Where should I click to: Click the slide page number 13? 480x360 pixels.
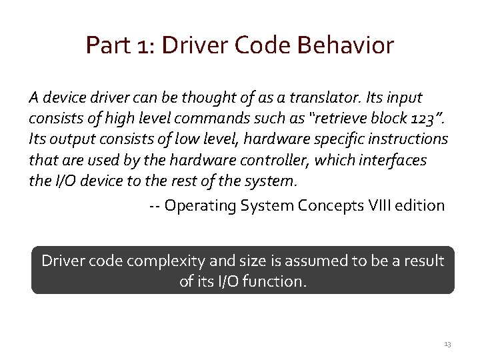click(x=447, y=344)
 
